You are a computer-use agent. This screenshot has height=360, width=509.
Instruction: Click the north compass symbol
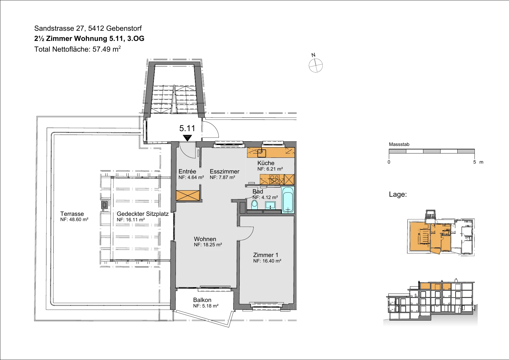pyautogui.click(x=315, y=65)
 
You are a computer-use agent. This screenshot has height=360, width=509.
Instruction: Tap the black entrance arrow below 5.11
pyautogui.click(x=187, y=138)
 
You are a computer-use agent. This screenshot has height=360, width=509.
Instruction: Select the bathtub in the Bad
pyautogui.click(x=288, y=200)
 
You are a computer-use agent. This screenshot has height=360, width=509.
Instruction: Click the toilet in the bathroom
pyautogui.click(x=255, y=204)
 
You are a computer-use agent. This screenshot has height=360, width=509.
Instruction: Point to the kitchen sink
pyautogui.click(x=262, y=153)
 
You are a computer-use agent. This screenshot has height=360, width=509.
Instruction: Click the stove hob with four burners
pyautogui.click(x=274, y=180)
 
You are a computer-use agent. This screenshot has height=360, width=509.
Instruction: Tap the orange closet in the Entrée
pyautogui.click(x=188, y=196)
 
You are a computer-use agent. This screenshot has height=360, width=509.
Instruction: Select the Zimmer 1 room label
pyautogui.click(x=266, y=255)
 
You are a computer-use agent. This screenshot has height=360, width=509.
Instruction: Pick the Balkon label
pyautogui.click(x=202, y=300)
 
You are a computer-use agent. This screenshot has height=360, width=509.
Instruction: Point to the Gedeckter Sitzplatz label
pyautogui.click(x=142, y=214)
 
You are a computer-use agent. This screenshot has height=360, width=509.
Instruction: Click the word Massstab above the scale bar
pyautogui.click(x=399, y=144)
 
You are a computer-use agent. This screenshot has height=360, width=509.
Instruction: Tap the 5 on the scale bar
pyautogui.click(x=474, y=162)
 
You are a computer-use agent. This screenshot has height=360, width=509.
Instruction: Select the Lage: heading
pyautogui.click(x=398, y=194)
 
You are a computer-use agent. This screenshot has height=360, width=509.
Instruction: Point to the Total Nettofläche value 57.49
pyautogui.click(x=102, y=49)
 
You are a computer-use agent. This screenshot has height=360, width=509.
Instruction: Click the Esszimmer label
pyautogui.click(x=225, y=171)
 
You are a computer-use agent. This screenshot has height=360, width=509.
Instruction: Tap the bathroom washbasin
pyautogui.click(x=270, y=205)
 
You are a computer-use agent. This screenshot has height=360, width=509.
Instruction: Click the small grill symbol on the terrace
pyautogui.click(x=104, y=205)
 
